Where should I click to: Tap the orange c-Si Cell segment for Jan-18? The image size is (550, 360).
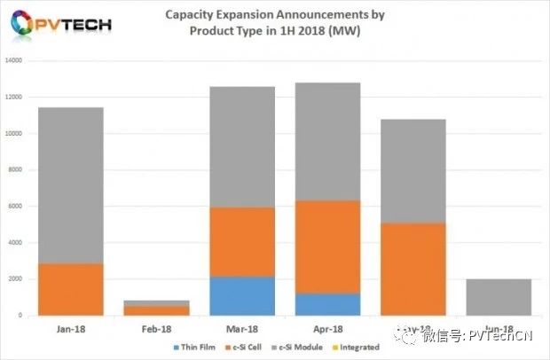71,289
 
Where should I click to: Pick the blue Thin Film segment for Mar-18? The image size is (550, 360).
242,295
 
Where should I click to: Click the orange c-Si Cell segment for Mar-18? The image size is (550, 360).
242,242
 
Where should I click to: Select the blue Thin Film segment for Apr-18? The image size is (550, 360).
327,304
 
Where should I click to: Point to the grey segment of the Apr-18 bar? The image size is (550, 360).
327,141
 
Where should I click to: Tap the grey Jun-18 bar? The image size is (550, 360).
499,297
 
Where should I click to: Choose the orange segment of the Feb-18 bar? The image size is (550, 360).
156,310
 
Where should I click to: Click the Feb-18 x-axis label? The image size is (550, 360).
156,327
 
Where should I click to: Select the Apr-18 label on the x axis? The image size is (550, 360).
327,327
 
